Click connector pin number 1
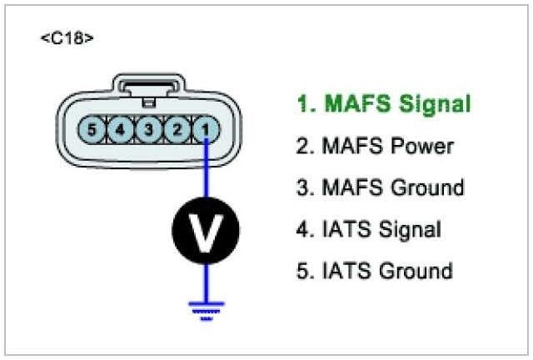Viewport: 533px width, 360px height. [205, 129]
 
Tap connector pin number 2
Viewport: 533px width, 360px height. [177, 129]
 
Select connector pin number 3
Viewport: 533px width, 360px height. [148, 129]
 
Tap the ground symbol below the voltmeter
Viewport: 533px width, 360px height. [205, 307]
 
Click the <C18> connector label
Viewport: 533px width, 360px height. [67, 39]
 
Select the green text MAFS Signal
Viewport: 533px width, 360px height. [384, 105]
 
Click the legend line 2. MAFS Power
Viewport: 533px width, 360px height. [375, 147]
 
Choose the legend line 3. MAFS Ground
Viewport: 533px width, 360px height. [380, 187]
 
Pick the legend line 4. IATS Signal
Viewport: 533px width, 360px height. [368, 229]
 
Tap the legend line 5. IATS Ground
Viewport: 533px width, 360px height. [374, 271]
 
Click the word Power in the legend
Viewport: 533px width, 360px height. [422, 147]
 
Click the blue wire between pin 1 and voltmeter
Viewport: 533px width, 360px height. [205, 171]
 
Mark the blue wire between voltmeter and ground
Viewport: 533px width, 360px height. [205, 279]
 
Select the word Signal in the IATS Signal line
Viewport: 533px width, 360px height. [409, 229]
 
